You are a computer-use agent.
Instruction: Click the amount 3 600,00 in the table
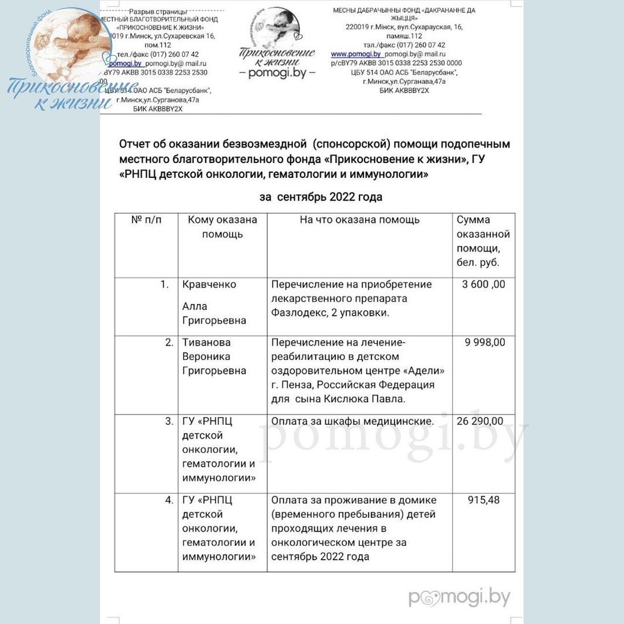coord(484,284)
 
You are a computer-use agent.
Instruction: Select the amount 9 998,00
coord(485,342)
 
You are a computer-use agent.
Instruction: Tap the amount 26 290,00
coord(480,421)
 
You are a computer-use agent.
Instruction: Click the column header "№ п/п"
coord(146,220)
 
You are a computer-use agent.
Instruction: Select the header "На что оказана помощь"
coord(359,220)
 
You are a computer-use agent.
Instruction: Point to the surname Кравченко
coord(209,284)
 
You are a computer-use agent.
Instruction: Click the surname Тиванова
coord(206,342)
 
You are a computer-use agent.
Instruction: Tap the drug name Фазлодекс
coord(299,313)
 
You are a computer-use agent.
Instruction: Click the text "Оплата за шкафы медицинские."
coord(352,421)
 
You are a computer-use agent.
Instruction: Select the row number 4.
coord(169,500)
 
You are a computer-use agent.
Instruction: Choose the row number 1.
coord(165,284)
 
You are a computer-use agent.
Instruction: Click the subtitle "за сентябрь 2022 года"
coord(321,197)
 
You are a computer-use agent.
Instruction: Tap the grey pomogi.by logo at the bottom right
coord(459,597)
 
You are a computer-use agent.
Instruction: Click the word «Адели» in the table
coord(426,370)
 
